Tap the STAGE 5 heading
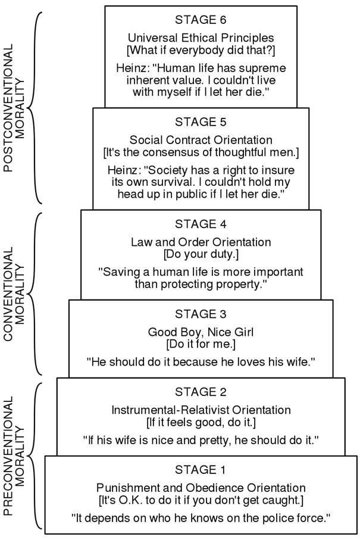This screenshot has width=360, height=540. point(201,122)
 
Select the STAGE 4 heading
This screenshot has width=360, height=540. point(201,224)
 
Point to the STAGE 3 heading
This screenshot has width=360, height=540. point(201,314)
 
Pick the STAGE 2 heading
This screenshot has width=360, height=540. point(201,392)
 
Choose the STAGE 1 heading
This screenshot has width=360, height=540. point(201,470)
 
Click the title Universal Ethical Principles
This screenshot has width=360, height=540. point(201,38)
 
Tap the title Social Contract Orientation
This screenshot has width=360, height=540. point(201,141)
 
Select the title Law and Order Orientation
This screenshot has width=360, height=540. point(201,242)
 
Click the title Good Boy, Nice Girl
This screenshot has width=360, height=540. point(201,332)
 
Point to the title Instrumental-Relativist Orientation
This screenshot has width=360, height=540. point(201,410)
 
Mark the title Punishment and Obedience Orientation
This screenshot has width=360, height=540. point(201,488)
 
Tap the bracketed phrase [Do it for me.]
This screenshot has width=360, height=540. point(201,344)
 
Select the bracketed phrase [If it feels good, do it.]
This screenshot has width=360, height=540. point(201,422)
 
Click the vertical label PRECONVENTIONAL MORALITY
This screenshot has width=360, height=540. point(14,455)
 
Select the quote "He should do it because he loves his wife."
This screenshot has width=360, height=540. point(201,361)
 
